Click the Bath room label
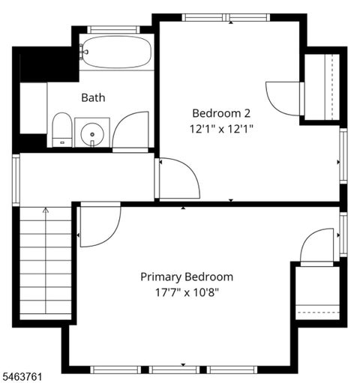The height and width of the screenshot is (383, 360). (93, 97)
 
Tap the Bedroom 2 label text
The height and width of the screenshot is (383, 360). (221, 113)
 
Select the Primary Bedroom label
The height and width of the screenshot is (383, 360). (187, 277)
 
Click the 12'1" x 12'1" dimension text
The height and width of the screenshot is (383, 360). (221, 129)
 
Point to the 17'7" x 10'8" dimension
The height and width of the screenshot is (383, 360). (187, 292)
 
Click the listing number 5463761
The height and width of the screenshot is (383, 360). (21, 376)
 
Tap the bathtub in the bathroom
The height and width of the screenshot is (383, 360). (116, 52)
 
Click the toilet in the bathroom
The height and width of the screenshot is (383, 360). (62, 130)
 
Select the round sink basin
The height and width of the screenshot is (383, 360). (92, 134)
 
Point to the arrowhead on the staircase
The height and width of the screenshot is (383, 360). (46, 210)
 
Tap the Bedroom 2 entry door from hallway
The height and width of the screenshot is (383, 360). (179, 178)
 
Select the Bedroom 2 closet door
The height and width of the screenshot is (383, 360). (283, 99)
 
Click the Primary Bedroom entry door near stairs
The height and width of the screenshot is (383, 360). (100, 227)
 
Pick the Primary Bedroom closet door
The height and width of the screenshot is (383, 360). (317, 245)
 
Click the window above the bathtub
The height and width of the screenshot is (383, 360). (113, 30)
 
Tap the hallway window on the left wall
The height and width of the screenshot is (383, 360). (16, 180)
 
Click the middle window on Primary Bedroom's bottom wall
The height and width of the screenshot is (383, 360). (175, 370)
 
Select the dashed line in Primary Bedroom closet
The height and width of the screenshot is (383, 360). (319, 313)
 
